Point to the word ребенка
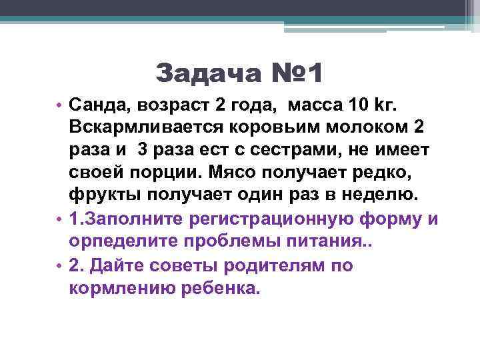click(213, 288)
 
